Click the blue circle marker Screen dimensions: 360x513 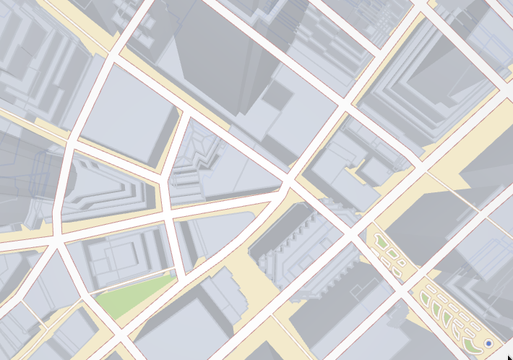click(489, 343)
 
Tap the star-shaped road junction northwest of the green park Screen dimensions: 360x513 click(57, 239)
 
